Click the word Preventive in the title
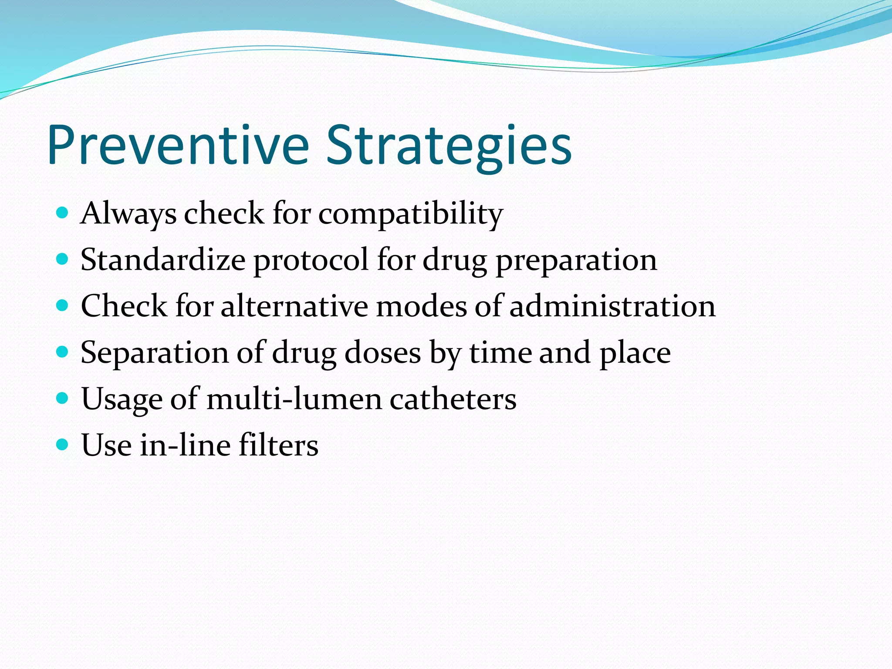pyautogui.click(x=178, y=145)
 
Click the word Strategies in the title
pyautogui.click(x=449, y=145)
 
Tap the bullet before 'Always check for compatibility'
pyautogui.click(x=63, y=213)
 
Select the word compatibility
pyautogui.click(x=410, y=214)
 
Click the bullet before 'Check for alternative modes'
pyautogui.click(x=63, y=305)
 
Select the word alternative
pyautogui.click(x=294, y=306)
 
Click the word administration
pyautogui.click(x=612, y=306)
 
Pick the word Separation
pyautogui.click(x=155, y=353)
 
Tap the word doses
pyautogui.click(x=382, y=353)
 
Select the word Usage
pyautogui.click(x=122, y=399)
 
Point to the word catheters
pyautogui.click(x=453, y=399)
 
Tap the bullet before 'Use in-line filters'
pyautogui.click(x=63, y=445)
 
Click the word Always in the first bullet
pyautogui.click(x=128, y=214)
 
